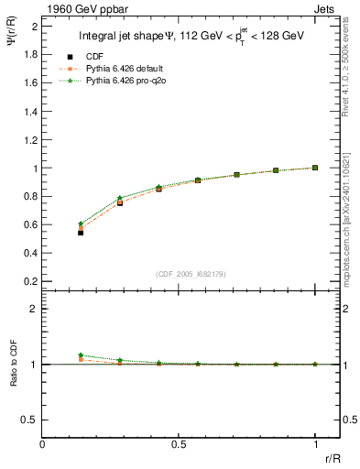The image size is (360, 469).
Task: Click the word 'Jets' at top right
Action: coord(326,8)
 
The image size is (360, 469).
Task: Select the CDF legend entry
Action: coord(94,57)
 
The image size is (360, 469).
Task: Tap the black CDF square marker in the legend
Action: coord(70,57)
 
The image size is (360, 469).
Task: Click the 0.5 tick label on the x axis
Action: coord(179,446)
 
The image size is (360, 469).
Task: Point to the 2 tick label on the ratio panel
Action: coord(34,309)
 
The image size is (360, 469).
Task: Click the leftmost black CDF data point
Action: coord(81,233)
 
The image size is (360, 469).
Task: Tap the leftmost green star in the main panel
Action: coord(81,224)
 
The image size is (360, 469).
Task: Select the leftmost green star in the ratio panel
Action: coord(81,355)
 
